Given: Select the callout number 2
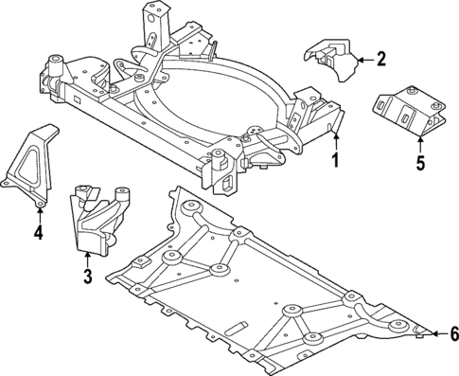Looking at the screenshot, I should point(381,61).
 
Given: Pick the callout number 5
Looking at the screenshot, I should point(420,162).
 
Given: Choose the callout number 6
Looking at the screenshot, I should point(453,333).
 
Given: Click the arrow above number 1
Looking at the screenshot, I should point(333,142).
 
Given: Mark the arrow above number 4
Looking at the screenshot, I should point(39,214).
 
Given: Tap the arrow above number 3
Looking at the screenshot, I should point(86,260).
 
